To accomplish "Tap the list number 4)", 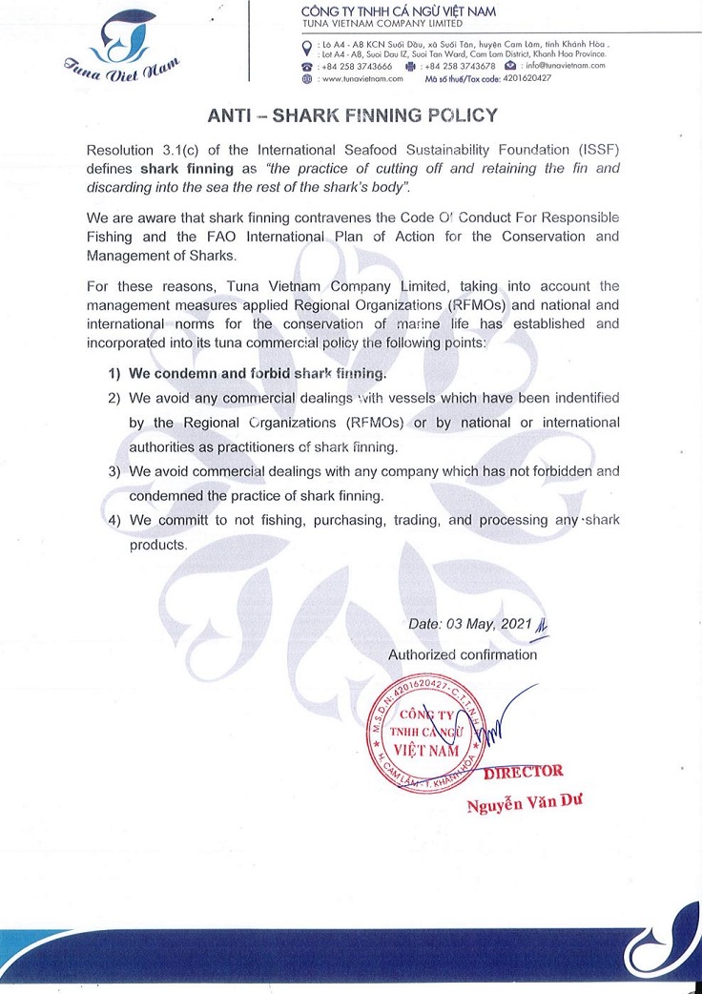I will [x=115, y=520].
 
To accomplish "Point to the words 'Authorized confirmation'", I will [x=463, y=654].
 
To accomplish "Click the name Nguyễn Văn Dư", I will [x=524, y=804].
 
